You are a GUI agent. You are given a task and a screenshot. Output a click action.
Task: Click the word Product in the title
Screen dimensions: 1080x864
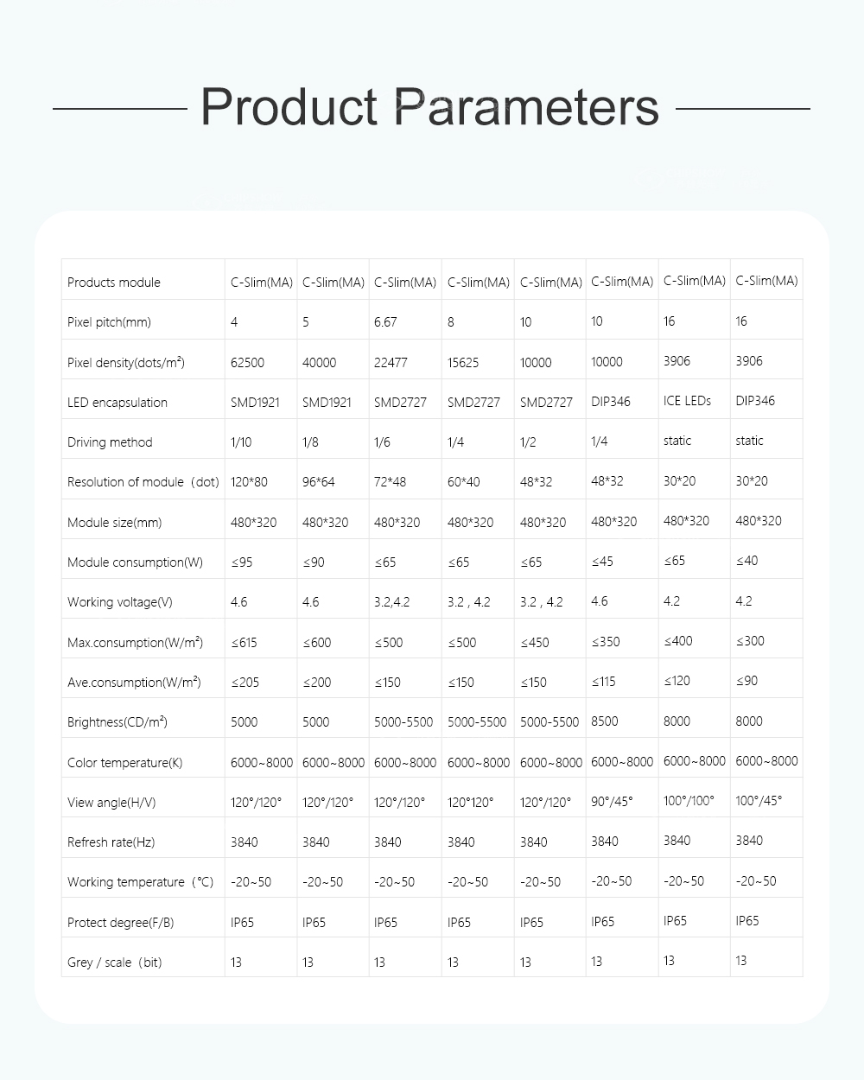pos(289,109)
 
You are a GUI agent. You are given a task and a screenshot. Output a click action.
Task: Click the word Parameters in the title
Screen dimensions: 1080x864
pos(526,109)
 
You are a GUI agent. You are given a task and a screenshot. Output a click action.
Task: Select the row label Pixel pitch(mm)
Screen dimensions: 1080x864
pos(109,322)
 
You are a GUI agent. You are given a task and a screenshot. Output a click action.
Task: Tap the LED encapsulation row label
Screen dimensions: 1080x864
pos(118,403)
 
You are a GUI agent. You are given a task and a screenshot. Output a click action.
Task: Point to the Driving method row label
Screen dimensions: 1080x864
pos(110,442)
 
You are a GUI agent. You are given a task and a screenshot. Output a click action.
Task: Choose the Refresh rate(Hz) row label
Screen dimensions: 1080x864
pos(111,842)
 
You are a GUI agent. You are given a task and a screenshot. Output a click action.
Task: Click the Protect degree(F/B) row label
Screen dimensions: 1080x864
pos(120,923)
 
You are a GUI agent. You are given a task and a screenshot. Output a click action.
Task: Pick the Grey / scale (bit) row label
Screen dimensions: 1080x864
pos(114,962)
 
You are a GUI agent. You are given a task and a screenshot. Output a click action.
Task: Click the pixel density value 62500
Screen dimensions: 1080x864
pos(247,363)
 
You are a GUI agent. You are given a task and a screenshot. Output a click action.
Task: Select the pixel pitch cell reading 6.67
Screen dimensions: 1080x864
pos(385,322)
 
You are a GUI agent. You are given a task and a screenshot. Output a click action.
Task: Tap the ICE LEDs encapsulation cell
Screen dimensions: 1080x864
pos(687,401)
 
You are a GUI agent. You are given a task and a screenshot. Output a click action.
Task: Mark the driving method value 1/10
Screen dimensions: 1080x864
pos(241,442)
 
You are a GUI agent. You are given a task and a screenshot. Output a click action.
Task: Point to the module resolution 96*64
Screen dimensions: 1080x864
pos(318,482)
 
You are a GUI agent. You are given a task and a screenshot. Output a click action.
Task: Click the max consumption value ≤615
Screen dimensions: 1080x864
pos(244,643)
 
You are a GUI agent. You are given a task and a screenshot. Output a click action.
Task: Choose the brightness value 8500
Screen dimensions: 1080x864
pos(606,721)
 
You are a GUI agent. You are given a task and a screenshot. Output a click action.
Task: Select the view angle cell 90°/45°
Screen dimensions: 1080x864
pos(612,801)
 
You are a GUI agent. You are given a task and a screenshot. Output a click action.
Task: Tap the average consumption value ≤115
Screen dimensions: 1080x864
pos(603,681)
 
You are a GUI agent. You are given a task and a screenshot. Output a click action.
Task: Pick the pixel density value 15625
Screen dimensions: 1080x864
pos(463,363)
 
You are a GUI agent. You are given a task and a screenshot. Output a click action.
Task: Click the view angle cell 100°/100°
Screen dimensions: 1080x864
pos(689,801)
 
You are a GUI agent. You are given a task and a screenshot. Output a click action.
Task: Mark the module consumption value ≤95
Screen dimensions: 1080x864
pos(242,562)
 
